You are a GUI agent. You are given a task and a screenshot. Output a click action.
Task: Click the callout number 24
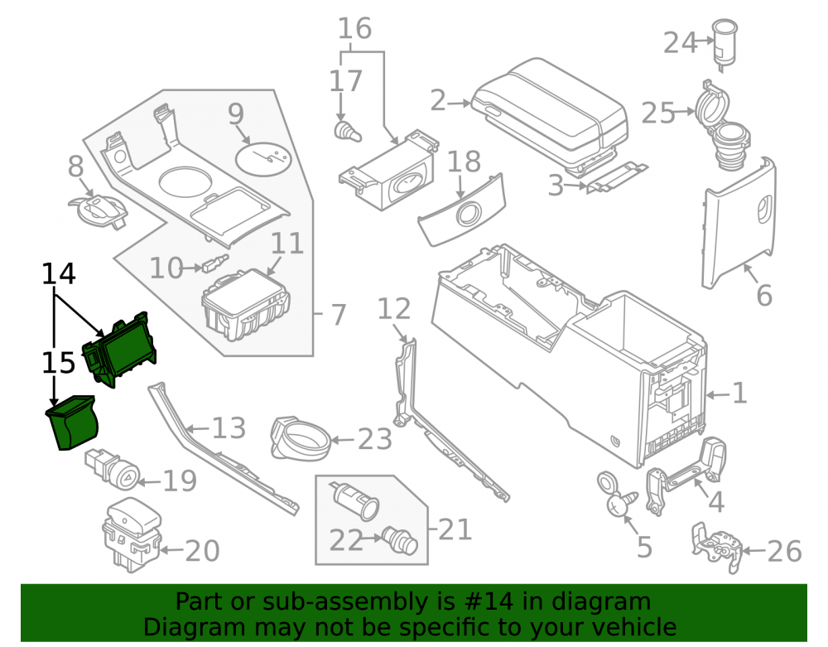click(x=680, y=43)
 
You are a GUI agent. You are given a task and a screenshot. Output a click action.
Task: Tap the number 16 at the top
click(x=355, y=28)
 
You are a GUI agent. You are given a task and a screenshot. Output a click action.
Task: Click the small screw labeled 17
click(x=348, y=131)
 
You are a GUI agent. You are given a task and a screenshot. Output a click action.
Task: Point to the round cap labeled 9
click(x=263, y=157)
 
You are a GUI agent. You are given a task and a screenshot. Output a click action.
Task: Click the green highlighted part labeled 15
click(x=73, y=422)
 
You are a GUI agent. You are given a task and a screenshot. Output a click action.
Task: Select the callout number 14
click(x=59, y=273)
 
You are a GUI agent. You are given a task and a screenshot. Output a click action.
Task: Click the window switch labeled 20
click(x=131, y=534)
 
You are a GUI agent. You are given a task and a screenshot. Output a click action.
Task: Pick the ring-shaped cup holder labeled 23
click(x=301, y=438)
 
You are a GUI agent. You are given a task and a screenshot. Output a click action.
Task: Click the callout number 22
click(x=346, y=541)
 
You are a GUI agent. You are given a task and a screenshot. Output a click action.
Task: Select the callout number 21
click(x=455, y=529)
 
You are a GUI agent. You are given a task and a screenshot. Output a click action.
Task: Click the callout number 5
click(x=644, y=548)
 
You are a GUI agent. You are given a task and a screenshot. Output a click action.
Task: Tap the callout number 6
click(x=764, y=295)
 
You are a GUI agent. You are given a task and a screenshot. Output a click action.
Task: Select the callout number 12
click(x=394, y=309)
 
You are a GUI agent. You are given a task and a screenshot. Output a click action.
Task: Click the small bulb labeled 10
click(x=215, y=263)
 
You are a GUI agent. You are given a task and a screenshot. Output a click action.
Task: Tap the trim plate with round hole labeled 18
click(x=462, y=210)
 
